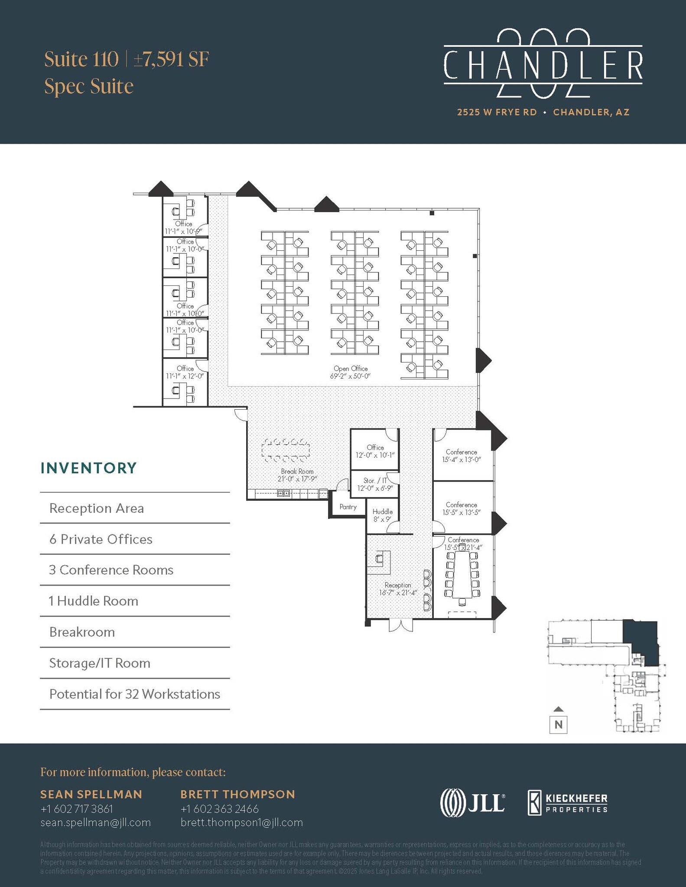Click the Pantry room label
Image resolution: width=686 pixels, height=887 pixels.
point(348,507)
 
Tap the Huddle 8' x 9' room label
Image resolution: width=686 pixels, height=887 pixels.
point(383,515)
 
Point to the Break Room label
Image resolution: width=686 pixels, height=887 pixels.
point(297,475)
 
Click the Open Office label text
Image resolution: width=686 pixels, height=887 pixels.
point(351,372)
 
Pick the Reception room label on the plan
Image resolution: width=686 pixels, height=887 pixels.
point(398,589)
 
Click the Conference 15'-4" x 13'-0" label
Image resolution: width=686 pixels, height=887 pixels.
point(462,456)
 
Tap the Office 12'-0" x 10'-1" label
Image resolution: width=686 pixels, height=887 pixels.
point(375,451)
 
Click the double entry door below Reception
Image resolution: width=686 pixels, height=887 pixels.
point(400,625)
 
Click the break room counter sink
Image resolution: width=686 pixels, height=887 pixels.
point(283,493)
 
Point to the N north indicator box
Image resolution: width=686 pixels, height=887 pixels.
point(559,724)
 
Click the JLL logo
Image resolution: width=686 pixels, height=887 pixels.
point(472,803)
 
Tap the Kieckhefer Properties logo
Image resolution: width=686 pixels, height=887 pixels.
point(567,803)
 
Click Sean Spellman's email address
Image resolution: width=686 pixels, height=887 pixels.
point(95,822)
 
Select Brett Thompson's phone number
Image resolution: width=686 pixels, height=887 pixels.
point(219,809)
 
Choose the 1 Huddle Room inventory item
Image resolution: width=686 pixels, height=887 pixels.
point(94,601)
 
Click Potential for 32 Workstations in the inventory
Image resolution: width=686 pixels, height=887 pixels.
point(135,694)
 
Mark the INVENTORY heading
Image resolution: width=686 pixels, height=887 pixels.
point(88,468)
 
